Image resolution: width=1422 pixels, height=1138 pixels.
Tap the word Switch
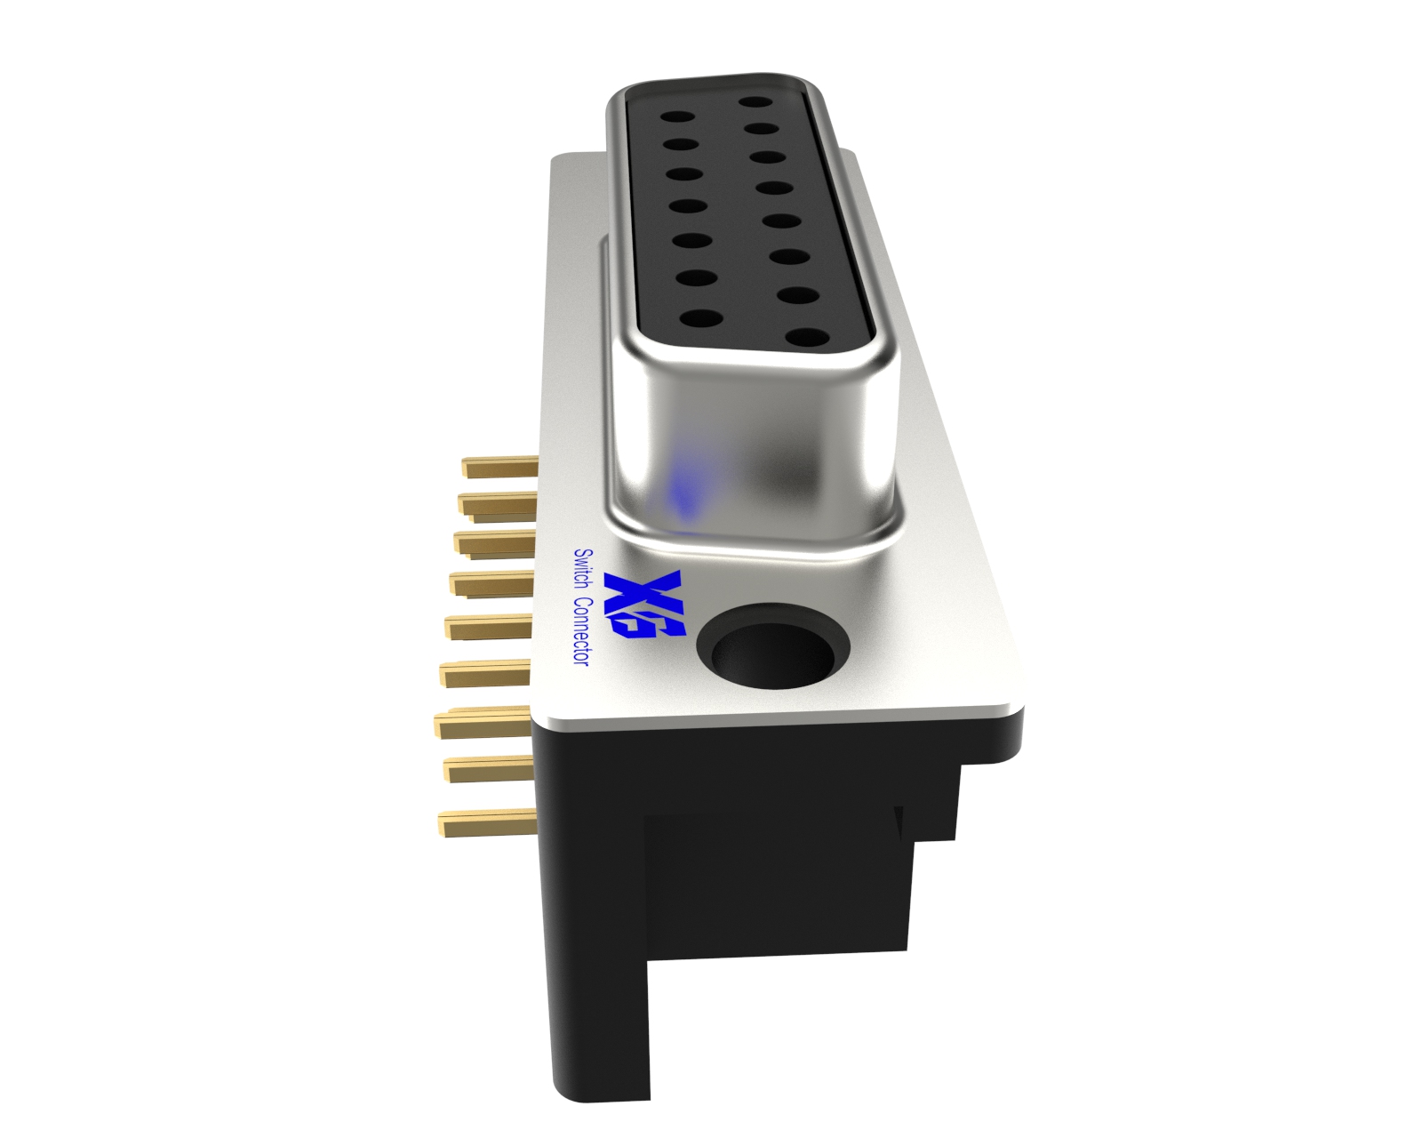pyautogui.click(x=584, y=569)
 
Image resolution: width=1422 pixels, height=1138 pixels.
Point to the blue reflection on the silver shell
pyautogui.click(x=684, y=490)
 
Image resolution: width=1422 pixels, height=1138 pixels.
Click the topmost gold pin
pyautogui.click(x=500, y=467)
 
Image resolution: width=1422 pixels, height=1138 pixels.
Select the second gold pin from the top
pyautogui.click(x=497, y=504)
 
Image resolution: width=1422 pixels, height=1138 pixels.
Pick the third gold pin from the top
pyautogui.click(x=494, y=542)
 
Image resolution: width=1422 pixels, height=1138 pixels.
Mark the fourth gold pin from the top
pyautogui.click(x=491, y=584)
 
